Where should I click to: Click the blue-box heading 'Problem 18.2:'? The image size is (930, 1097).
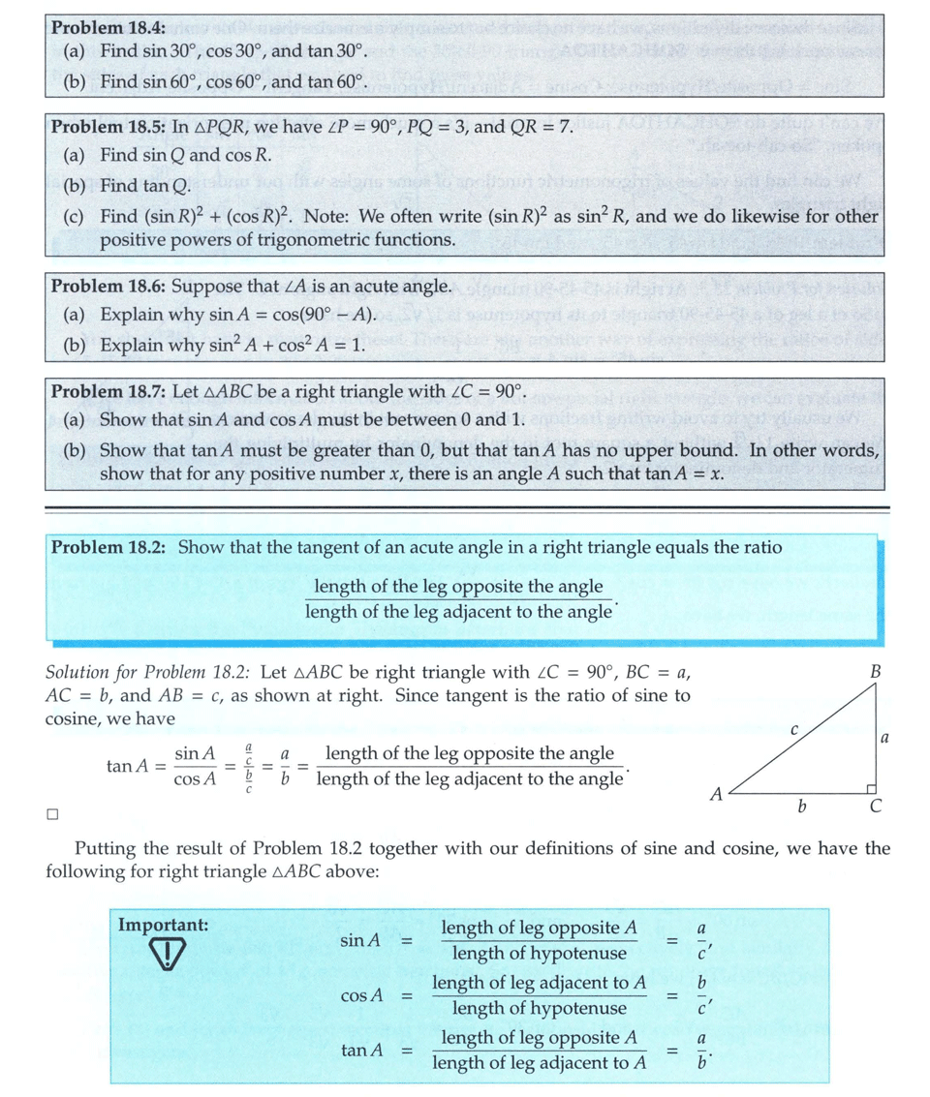click(108, 547)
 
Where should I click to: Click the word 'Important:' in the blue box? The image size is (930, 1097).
click(163, 925)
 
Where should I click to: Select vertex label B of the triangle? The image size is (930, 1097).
click(875, 670)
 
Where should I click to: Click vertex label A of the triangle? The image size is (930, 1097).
click(716, 794)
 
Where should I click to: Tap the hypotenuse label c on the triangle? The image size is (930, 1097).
click(792, 728)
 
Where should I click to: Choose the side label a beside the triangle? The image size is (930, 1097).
click(885, 738)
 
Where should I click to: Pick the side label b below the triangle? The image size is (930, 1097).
click(801, 808)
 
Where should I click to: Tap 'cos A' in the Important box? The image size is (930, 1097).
click(362, 995)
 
